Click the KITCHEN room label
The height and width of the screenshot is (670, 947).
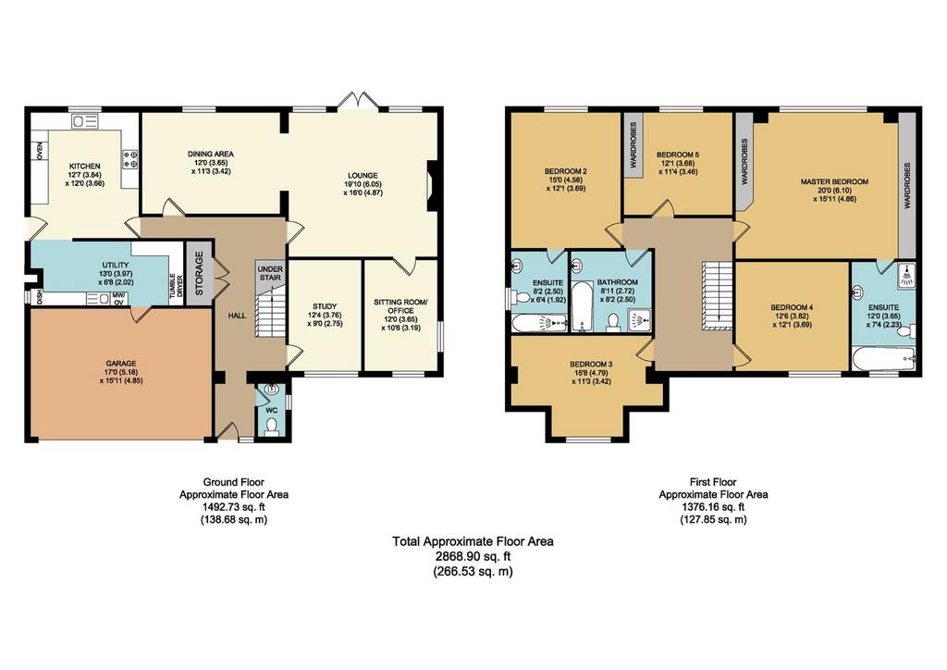[84, 167]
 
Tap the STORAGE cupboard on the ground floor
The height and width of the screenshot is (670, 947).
[200, 272]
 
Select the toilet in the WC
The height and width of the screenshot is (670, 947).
[272, 427]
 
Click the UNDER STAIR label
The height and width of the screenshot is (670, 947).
[270, 273]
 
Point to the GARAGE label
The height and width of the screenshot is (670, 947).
[121, 364]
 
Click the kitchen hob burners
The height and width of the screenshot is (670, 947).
[130, 159]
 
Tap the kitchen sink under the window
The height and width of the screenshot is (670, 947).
[85, 121]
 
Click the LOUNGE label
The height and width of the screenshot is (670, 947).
[363, 176]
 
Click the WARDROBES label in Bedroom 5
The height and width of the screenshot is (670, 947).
[633, 145]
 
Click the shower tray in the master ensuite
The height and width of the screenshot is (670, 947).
[906, 274]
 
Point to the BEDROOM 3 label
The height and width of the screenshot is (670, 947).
[591, 365]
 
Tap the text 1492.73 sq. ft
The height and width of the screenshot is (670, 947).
[234, 507]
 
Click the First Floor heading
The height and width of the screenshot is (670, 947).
[713, 482]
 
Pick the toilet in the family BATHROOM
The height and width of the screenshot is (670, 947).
[613, 323]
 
